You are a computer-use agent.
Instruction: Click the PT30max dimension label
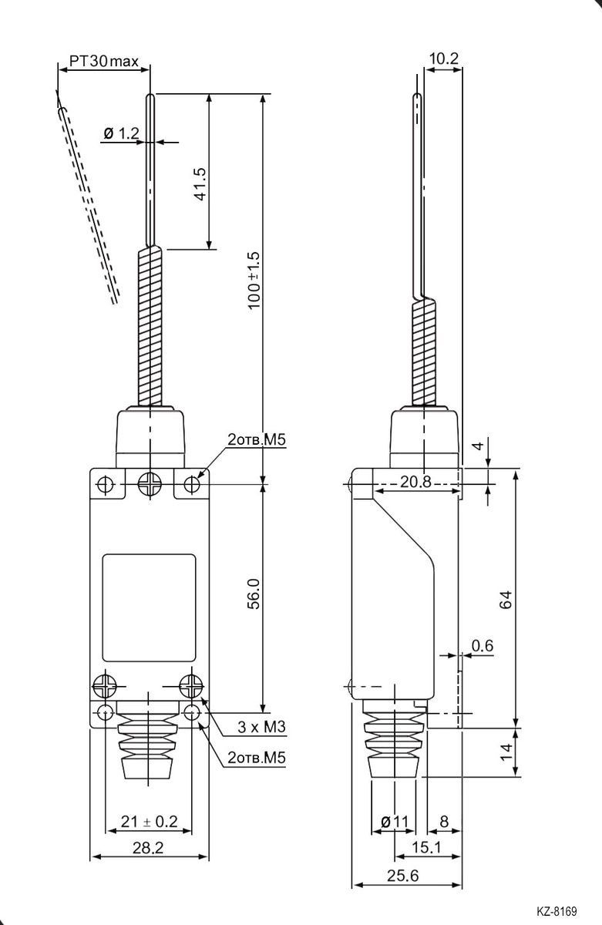pyautogui.click(x=103, y=61)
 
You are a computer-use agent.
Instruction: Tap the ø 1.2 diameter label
pyautogui.click(x=121, y=133)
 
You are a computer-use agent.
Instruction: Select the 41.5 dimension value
pyautogui.click(x=200, y=183)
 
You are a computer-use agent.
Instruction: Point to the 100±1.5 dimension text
pyautogui.click(x=254, y=281)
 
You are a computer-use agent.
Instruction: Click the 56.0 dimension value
pyautogui.click(x=254, y=594)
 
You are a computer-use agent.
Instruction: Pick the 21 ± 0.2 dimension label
pyautogui.click(x=149, y=822)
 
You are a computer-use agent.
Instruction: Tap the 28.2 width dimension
pyautogui.click(x=148, y=848)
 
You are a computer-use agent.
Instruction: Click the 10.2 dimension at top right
pyautogui.click(x=443, y=59)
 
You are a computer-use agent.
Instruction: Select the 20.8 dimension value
pyautogui.click(x=415, y=482)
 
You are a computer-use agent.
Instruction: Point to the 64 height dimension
pyautogui.click(x=506, y=600)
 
